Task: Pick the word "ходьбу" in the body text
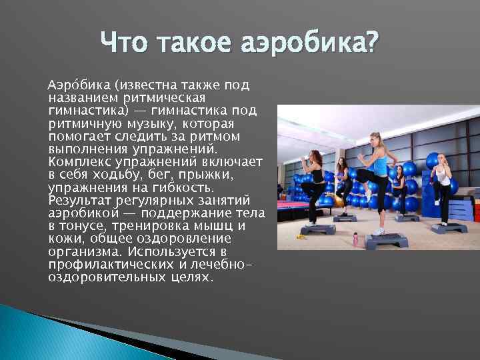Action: (x=110, y=175)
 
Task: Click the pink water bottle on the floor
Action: (x=355, y=239)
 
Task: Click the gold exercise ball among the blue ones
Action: (x=339, y=200)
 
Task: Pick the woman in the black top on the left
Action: (x=314, y=180)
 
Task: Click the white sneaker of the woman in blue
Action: (x=379, y=231)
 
